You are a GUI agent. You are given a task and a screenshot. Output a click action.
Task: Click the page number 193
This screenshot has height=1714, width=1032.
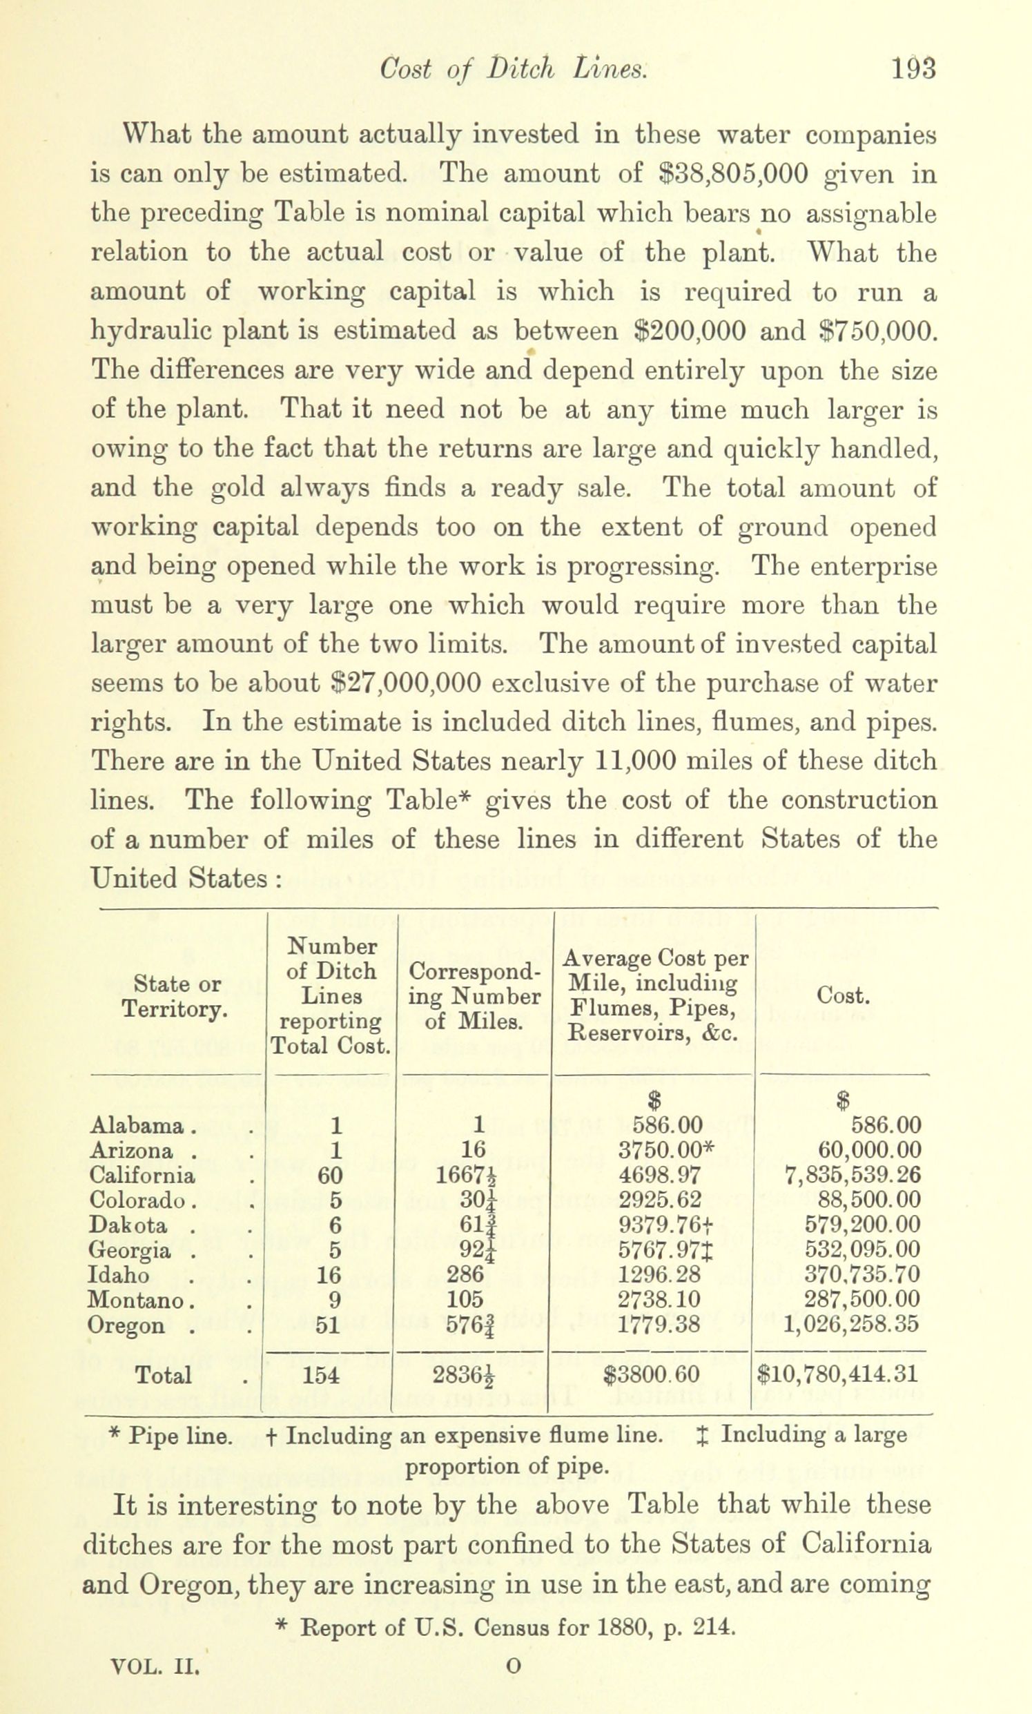pos(913,70)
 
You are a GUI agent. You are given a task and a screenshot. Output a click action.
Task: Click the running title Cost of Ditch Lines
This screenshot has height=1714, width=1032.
pos(513,70)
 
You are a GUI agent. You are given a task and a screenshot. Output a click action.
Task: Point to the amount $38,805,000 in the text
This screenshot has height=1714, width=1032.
pos(733,173)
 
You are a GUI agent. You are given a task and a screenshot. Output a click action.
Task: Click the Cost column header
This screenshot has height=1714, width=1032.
pos(843,995)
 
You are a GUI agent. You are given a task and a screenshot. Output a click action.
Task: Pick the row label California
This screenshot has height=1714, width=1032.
pos(142,1175)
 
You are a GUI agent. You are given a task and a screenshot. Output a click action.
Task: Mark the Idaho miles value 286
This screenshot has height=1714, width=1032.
pos(465,1274)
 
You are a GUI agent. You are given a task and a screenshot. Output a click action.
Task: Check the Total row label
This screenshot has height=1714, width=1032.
pos(163,1374)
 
